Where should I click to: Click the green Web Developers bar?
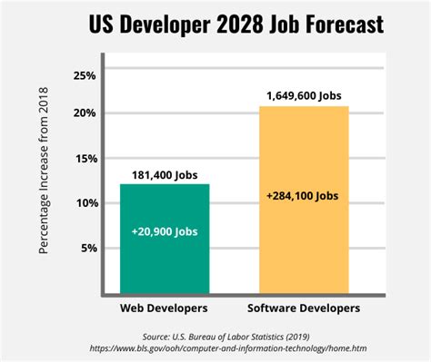click(165, 239)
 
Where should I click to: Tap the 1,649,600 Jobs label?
click(304, 95)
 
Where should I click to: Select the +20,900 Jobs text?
click(165, 233)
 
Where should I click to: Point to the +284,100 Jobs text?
click(304, 194)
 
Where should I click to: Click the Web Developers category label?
click(165, 308)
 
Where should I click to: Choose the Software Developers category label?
click(304, 308)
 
